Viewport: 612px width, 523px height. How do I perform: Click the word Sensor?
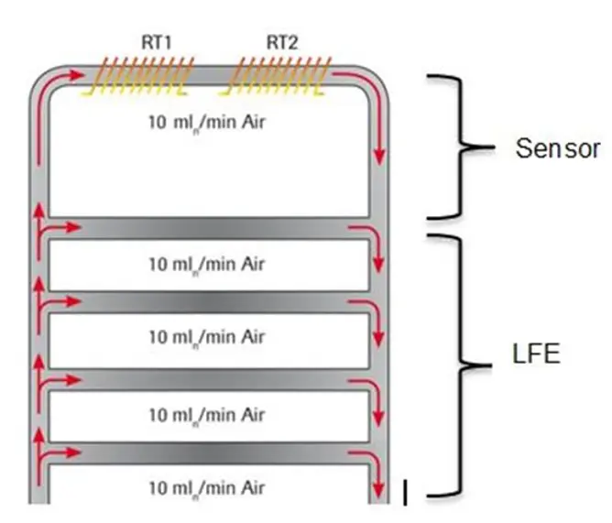(x=557, y=149)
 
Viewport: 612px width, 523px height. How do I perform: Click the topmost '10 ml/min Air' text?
(x=206, y=123)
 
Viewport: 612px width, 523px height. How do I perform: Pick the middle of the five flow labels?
(x=206, y=337)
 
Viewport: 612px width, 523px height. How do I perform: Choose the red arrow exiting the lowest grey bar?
(x=367, y=458)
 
